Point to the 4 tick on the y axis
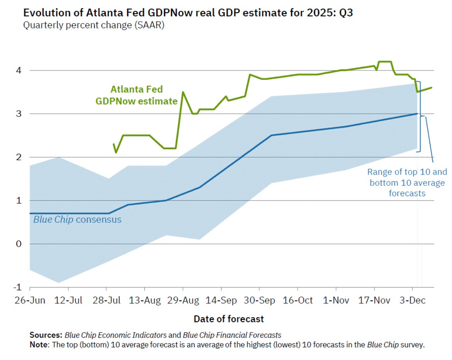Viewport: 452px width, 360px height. pyautogui.click(x=19, y=71)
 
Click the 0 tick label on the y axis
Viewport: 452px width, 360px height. pyautogui.click(x=19, y=244)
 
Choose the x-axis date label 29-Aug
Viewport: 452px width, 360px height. pyautogui.click(x=183, y=301)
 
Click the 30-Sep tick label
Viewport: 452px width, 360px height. pyautogui.click(x=259, y=301)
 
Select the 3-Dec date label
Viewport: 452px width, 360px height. pyautogui.click(x=413, y=301)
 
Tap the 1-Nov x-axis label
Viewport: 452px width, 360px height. pyautogui.click(x=335, y=301)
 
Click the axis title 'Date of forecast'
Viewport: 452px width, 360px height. pyautogui.click(x=229, y=319)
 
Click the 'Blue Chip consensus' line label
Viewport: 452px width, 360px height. pyautogui.click(x=77, y=220)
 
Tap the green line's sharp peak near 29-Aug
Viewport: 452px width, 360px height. pyautogui.click(x=183, y=92)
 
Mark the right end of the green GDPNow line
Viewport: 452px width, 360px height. pyautogui.click(x=432, y=87)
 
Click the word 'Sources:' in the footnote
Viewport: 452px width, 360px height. pyautogui.click(x=46, y=335)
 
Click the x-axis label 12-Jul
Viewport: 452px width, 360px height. pyautogui.click(x=68, y=301)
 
